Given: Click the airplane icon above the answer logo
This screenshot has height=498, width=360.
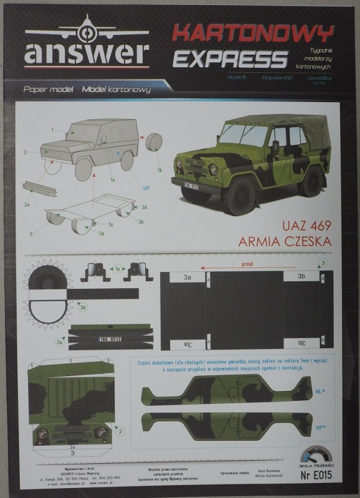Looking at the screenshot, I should point(86,29).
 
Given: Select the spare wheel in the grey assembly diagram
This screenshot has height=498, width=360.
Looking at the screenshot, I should point(153,141).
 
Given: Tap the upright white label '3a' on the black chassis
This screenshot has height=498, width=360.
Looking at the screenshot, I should point(187,276).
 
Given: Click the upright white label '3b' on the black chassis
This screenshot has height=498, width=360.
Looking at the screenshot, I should point(301,276).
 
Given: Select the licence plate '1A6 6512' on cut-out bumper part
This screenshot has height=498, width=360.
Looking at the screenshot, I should point(112,339).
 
